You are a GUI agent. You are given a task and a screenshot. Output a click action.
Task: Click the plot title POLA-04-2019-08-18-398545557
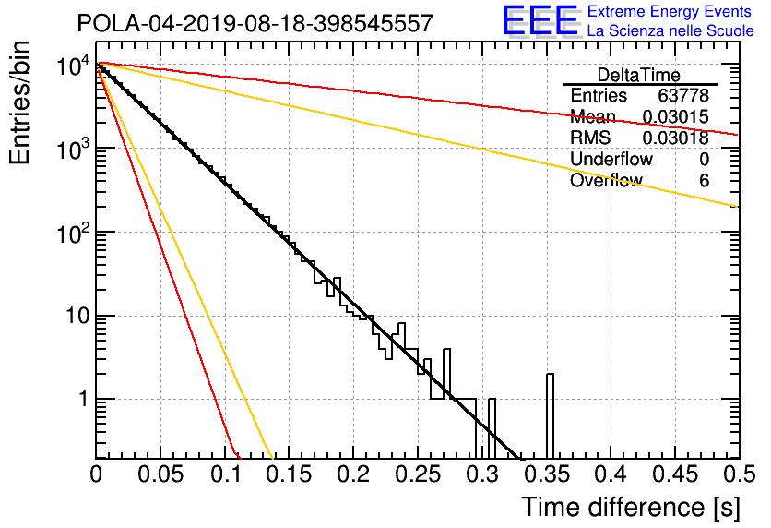[x=255, y=23]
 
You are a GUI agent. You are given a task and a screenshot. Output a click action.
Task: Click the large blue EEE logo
[x=540, y=20]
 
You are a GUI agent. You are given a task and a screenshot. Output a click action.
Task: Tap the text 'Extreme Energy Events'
[x=670, y=11]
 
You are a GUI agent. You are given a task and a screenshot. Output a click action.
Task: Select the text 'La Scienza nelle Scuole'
[x=670, y=30]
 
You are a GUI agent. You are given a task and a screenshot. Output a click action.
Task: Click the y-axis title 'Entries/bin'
[x=20, y=103]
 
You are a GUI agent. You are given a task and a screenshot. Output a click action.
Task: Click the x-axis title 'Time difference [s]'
[x=631, y=507]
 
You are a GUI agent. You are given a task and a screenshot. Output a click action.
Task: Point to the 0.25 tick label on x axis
[x=417, y=474]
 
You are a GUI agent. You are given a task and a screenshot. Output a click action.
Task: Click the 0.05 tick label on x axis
[x=160, y=474]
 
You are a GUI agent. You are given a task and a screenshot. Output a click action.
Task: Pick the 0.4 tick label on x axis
[x=611, y=474]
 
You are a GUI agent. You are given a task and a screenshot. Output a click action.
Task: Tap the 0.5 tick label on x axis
[x=739, y=474]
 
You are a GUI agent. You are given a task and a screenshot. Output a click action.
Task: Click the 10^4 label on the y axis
[x=73, y=66]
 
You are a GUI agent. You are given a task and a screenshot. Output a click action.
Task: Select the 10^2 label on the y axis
[x=73, y=234]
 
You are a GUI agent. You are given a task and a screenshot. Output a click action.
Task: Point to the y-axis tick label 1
[x=83, y=399]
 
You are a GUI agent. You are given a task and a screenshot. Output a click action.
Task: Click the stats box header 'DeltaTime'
[x=639, y=75]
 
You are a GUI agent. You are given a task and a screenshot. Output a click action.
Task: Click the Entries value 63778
[x=683, y=95]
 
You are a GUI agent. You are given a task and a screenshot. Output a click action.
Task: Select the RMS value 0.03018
[x=675, y=138]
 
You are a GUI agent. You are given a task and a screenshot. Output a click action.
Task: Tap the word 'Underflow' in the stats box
[x=611, y=159]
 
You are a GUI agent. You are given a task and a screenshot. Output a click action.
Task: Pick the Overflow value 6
[x=704, y=181]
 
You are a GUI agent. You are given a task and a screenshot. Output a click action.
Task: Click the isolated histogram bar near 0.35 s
[x=550, y=416]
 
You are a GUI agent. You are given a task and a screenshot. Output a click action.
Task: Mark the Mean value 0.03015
[x=675, y=117]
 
